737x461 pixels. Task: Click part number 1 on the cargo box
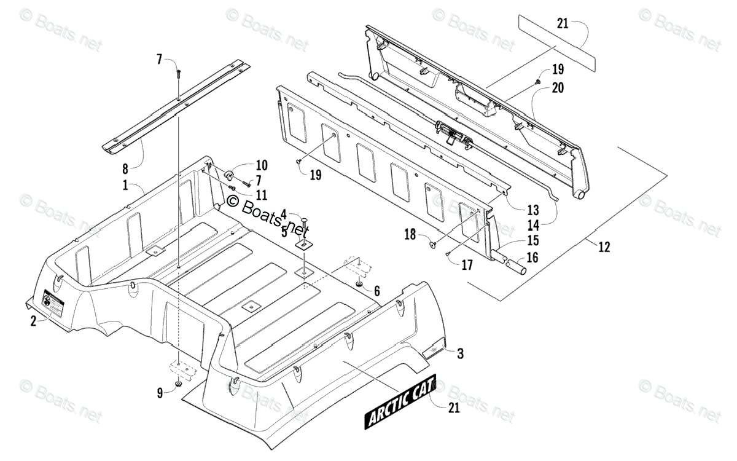[125, 184]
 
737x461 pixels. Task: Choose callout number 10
[244, 165]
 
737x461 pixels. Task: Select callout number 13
[532, 208]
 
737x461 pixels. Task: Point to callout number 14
[532, 225]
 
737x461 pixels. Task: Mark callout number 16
[532, 259]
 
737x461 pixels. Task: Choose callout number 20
[558, 88]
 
